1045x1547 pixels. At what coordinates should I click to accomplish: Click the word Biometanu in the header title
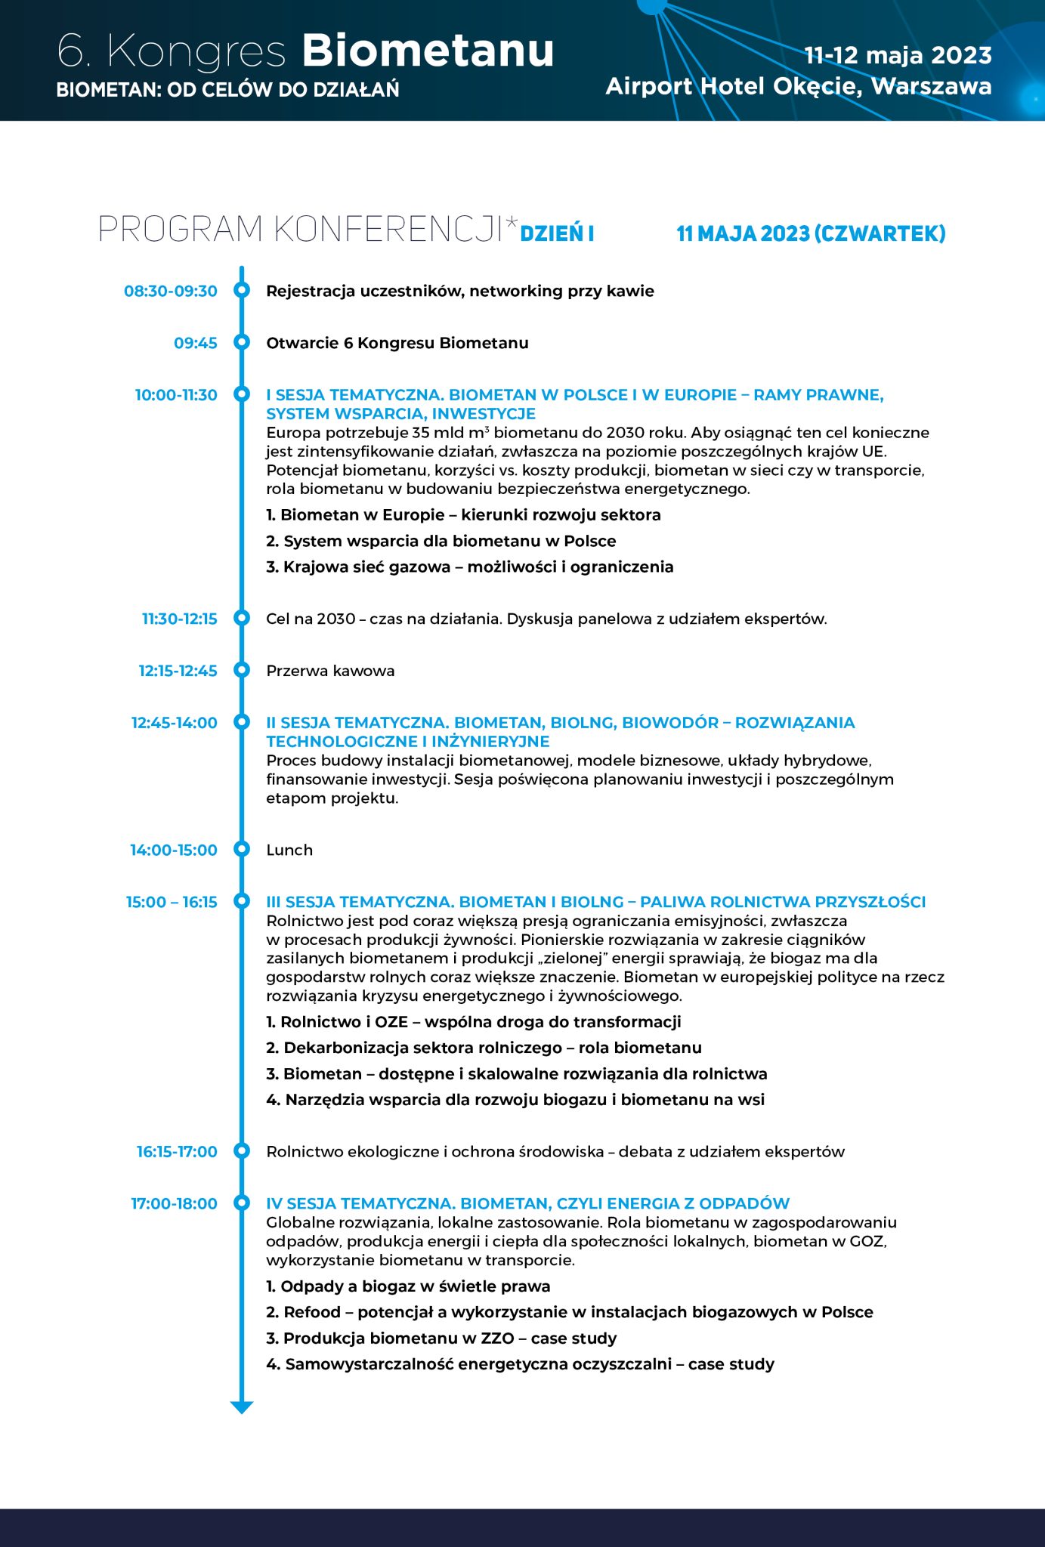pos(428,51)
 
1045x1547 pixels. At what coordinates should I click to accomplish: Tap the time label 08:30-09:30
pos(171,291)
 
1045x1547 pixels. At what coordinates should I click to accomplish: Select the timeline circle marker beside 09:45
pos(242,342)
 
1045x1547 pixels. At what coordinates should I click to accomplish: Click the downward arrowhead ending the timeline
pos(242,1407)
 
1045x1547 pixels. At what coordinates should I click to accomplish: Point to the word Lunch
pos(289,850)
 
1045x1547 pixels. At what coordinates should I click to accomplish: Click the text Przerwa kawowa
pos(330,671)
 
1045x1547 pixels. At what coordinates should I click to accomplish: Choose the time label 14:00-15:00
pos(173,850)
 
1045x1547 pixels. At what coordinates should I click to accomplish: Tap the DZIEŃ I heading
pos(557,233)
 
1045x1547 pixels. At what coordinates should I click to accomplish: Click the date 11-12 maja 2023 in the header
pos(898,55)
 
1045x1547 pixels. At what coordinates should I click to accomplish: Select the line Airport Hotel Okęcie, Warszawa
pos(799,86)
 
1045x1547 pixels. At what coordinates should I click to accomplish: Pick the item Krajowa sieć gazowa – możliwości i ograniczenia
pos(469,567)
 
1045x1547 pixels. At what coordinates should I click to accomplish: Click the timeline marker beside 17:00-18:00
pos(242,1203)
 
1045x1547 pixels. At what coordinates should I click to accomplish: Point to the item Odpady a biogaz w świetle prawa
pos(408,1286)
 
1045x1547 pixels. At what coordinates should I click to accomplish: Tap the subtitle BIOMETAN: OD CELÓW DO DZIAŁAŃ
pos(227,90)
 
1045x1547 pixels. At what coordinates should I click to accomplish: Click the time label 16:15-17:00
pos(177,1151)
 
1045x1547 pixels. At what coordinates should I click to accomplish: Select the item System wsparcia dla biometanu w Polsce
pos(441,541)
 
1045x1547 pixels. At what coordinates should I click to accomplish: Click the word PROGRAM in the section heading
pos(181,229)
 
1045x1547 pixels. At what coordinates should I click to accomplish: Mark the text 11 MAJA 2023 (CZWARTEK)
pos(811,233)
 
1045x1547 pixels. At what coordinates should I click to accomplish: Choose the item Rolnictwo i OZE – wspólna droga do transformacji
pos(473,1021)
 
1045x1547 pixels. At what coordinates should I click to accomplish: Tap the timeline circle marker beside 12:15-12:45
pos(242,670)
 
